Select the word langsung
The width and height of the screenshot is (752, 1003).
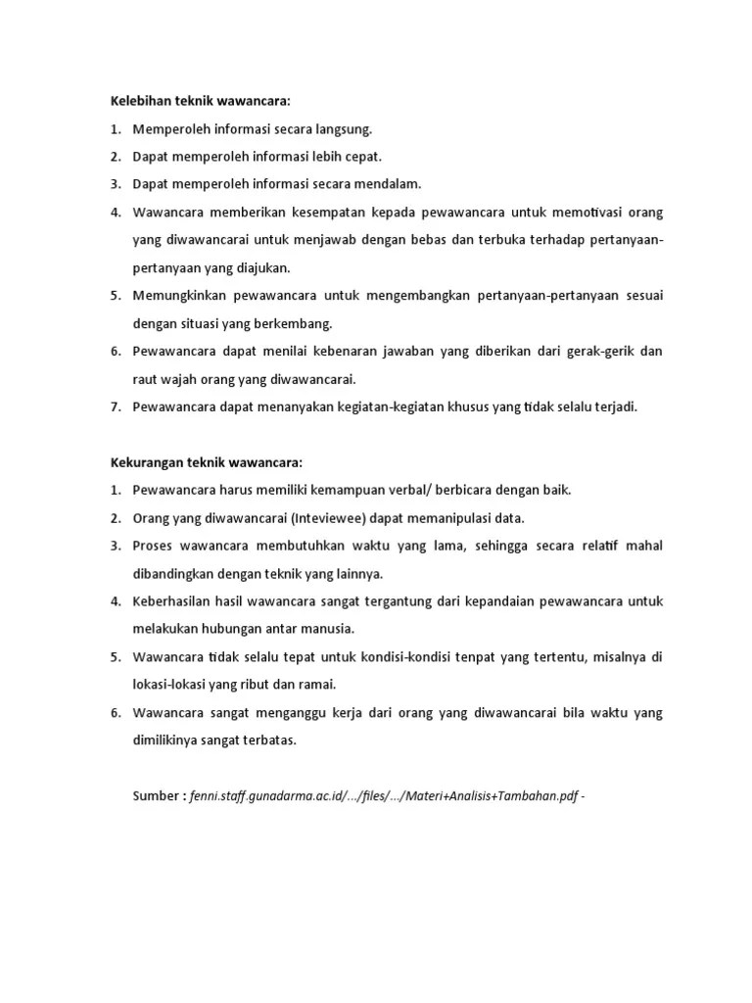340,128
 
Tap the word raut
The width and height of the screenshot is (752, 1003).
147,379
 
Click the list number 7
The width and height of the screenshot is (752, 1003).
114,406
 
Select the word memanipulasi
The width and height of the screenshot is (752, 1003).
451,517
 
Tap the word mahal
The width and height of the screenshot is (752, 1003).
643,545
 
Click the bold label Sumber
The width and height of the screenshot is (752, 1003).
158,796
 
